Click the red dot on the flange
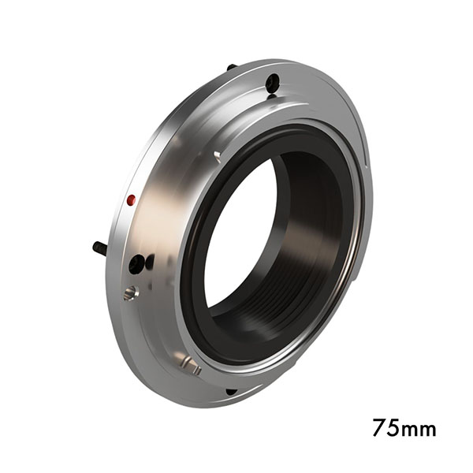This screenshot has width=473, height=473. click(x=132, y=200)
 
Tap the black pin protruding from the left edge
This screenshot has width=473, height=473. click(x=100, y=248)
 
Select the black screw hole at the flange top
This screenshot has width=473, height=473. click(x=272, y=83)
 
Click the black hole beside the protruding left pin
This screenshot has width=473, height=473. click(x=137, y=264)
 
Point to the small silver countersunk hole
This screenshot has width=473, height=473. click(x=129, y=293)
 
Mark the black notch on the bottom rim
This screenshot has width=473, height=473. click(x=230, y=391)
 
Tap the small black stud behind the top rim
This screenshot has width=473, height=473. click(x=232, y=67)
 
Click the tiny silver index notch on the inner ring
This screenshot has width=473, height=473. click(x=217, y=155)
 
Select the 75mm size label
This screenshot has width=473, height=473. click(x=404, y=429)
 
